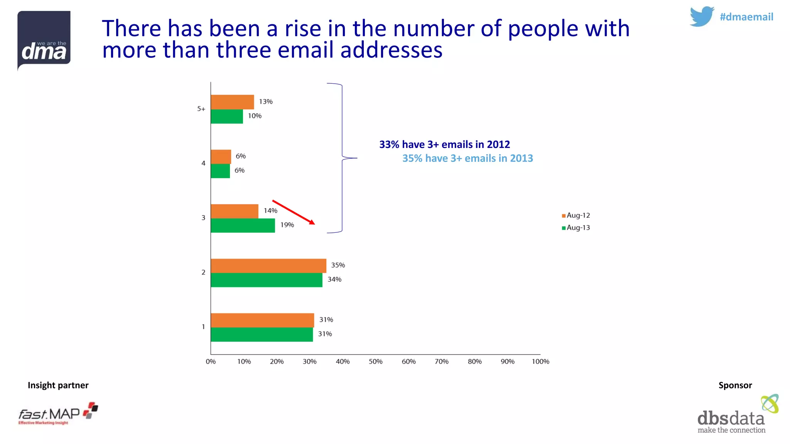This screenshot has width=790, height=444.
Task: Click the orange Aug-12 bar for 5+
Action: pos(232,102)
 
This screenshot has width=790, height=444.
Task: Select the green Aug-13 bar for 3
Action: pos(243,225)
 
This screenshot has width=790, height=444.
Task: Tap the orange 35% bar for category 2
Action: pos(268,266)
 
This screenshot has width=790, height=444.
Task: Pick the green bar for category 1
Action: pos(262,335)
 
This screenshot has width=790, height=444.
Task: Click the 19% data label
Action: pos(287,225)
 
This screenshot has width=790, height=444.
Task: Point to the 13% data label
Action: pos(265,101)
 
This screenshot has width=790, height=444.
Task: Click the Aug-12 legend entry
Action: pos(576,215)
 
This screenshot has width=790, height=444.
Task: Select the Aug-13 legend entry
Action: pos(576,228)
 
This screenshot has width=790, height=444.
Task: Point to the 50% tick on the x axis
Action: pos(375,362)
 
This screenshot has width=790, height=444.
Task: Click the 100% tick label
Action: pos(540,362)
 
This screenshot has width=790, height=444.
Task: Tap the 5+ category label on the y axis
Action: pos(201,109)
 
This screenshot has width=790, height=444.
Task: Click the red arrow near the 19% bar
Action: pos(294,212)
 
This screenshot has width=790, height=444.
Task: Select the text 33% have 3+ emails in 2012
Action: pos(444,145)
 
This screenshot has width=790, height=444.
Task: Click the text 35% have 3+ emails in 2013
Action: pos(468,158)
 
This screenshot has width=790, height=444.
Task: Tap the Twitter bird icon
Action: pos(701,17)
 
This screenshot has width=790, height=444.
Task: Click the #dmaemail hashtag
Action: pos(746,17)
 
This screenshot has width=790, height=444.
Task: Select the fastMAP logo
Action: pos(58,414)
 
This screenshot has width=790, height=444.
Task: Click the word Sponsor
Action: pos(735,385)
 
